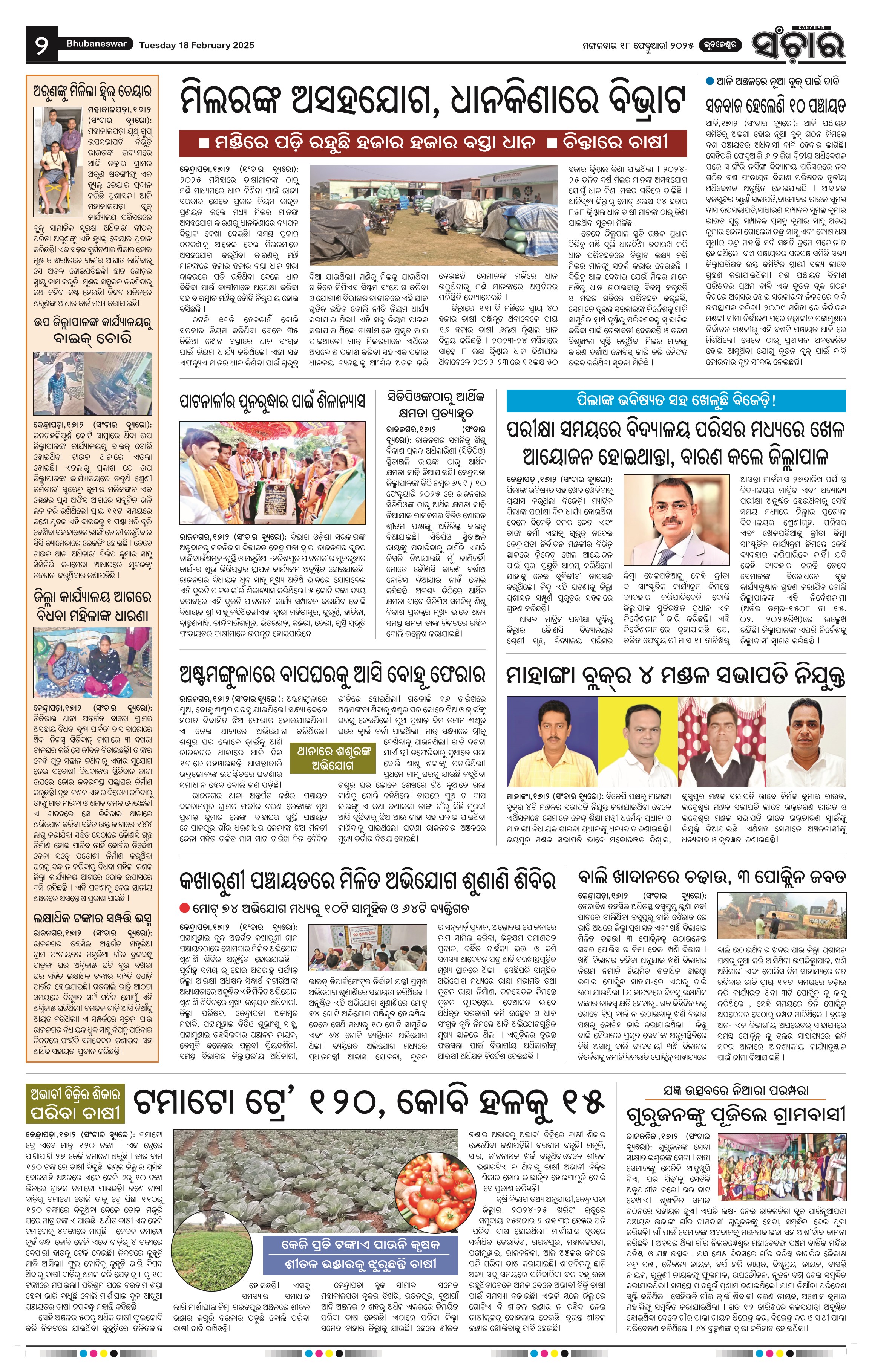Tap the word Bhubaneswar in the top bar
click(96, 44)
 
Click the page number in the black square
click(41, 45)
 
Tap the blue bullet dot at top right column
click(710, 81)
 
